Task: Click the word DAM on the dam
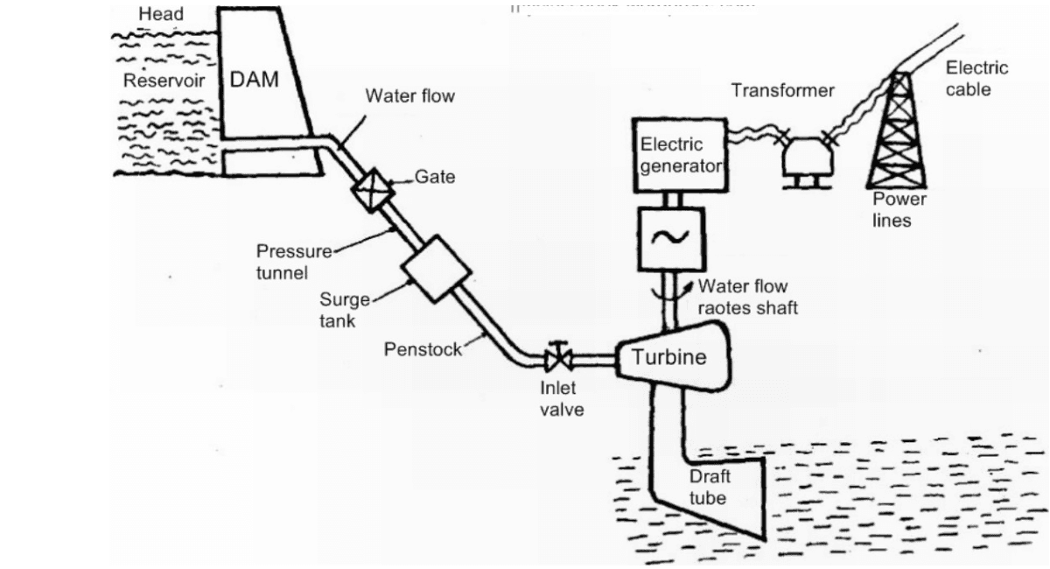pos(254,79)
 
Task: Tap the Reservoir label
pos(163,81)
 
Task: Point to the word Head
pos(161,15)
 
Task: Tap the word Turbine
pos(668,357)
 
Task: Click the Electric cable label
pos(976,78)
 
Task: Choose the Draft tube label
pos(709,488)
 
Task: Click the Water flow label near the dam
pos(409,96)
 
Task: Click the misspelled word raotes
pos(717,308)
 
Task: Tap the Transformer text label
pos(783,90)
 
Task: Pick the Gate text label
pos(435,177)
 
